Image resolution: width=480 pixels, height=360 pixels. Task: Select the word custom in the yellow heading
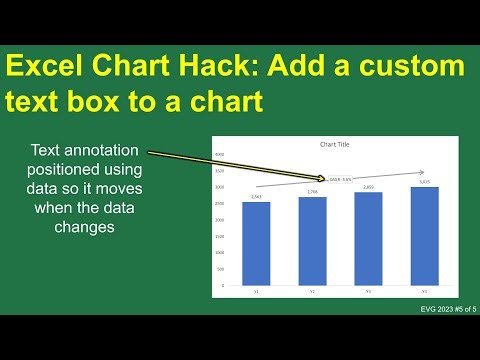tap(414, 68)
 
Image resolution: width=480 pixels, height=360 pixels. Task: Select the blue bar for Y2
tap(312, 241)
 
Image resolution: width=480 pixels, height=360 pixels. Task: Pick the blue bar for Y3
tap(368, 238)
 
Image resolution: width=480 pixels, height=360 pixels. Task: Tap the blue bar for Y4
tap(424, 236)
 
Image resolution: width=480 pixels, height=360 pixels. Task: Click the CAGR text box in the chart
tap(341, 180)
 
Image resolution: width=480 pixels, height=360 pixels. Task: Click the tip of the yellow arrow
tap(329, 179)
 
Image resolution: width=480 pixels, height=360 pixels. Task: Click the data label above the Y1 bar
tap(256, 197)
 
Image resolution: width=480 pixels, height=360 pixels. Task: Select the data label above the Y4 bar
tap(424, 182)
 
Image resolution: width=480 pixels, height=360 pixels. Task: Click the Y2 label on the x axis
tap(312, 293)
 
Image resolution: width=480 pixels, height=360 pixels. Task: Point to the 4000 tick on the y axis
tap(219, 155)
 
